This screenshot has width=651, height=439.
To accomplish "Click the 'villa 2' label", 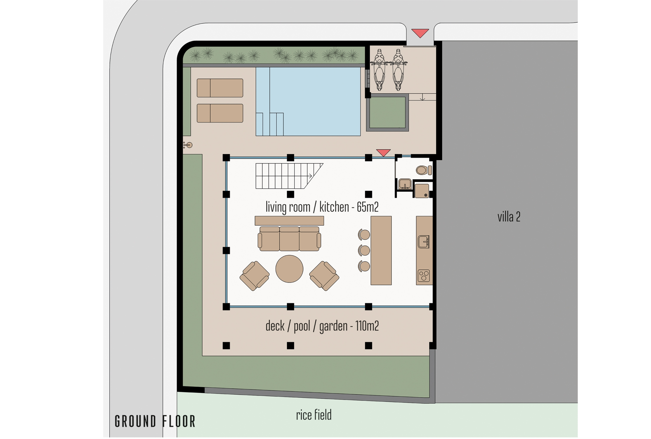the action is pos(509,217).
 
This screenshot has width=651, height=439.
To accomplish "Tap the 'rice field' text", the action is pos(314,415).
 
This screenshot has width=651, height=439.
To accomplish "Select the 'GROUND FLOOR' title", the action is pos(155,421).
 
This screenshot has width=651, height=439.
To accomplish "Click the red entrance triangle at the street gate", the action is pos(420,33).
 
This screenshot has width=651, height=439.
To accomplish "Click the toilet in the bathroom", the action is pos(424,170).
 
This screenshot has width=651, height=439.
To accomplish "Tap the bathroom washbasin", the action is pos(405,184).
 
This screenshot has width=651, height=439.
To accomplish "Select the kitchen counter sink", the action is pos(423,242).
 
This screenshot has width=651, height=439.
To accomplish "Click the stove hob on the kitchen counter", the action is pos(423,276).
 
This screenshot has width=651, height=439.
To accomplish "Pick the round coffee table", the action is pos(289,269).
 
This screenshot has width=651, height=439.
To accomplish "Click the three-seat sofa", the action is pos(289,239).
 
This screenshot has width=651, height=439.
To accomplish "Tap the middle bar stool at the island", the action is pos(364,250).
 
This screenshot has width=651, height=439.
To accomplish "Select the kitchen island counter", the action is pos(381,251).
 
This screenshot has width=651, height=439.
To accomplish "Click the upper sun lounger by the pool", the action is pos(220,88).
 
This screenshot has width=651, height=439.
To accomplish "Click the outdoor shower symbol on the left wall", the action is pos(188,145).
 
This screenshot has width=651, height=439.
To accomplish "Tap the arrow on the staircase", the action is pos(310,176).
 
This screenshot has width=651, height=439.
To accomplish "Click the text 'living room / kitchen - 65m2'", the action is pos(322,207).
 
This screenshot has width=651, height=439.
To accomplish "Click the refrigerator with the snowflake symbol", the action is pos(422,191).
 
